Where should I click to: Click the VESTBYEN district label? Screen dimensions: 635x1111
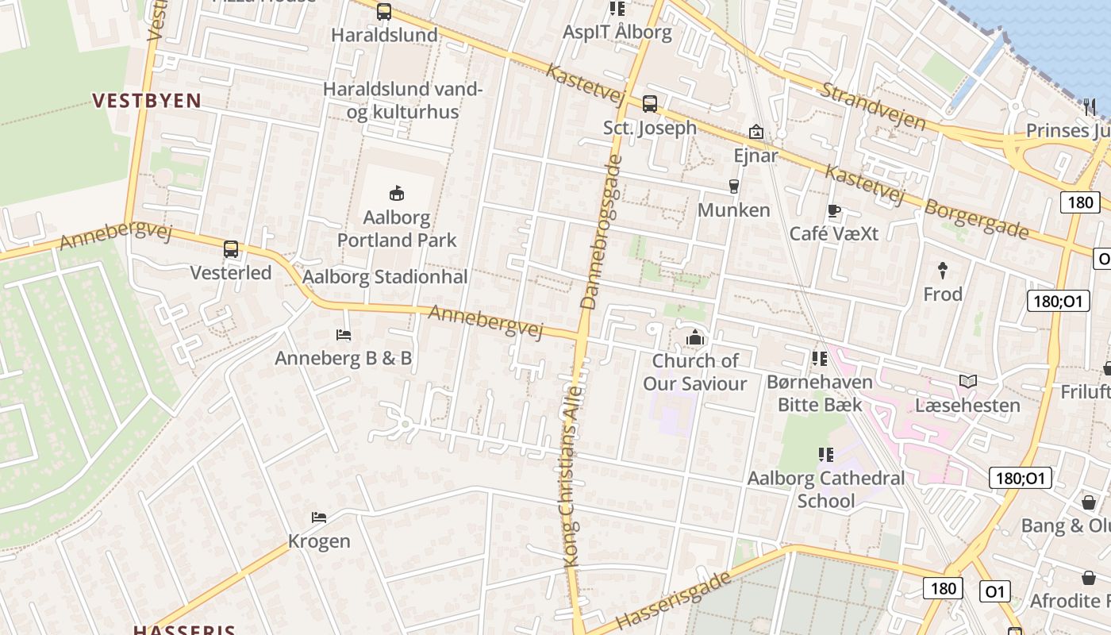pos(147,101)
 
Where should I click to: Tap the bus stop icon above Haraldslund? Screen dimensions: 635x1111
pos(384,11)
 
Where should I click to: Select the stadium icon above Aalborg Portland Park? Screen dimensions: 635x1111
pos(397,193)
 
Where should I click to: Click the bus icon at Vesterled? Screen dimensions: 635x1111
pos(231,249)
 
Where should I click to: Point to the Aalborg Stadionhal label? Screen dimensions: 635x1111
pos(385,277)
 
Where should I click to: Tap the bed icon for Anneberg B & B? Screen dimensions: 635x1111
pos(344,335)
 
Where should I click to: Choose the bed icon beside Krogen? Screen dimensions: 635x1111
pos(319,518)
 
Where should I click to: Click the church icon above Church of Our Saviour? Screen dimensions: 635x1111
pos(695,338)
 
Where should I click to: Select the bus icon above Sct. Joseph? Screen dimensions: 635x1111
pos(650,103)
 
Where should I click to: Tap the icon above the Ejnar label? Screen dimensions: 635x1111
pos(755,132)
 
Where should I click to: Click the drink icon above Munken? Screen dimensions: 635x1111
pos(734,187)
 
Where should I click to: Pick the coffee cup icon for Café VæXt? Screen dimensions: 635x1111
pos(833,210)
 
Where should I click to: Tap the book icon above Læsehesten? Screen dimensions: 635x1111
pos(967,382)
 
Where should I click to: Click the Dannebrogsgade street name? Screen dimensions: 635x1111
pos(601,232)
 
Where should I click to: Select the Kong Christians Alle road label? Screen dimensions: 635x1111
pos(572,476)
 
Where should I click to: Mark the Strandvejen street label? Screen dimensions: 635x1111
pos(873,106)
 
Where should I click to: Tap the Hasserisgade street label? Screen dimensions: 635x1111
pos(673,601)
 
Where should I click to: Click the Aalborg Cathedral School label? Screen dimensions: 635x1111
pos(826,489)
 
